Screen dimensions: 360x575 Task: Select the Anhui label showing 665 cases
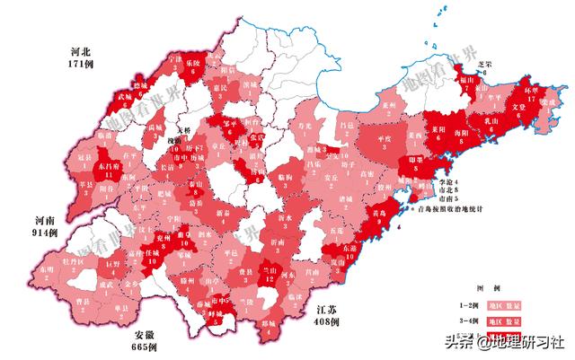[x=143, y=340]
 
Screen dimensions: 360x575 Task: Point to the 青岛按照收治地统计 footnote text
[x=455, y=208]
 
